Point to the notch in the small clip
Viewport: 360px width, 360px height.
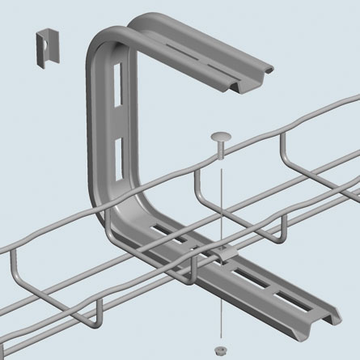click(x=48, y=39)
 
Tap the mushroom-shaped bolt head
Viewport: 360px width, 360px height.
click(x=220, y=138)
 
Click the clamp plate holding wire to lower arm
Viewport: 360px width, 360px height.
click(x=226, y=256)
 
